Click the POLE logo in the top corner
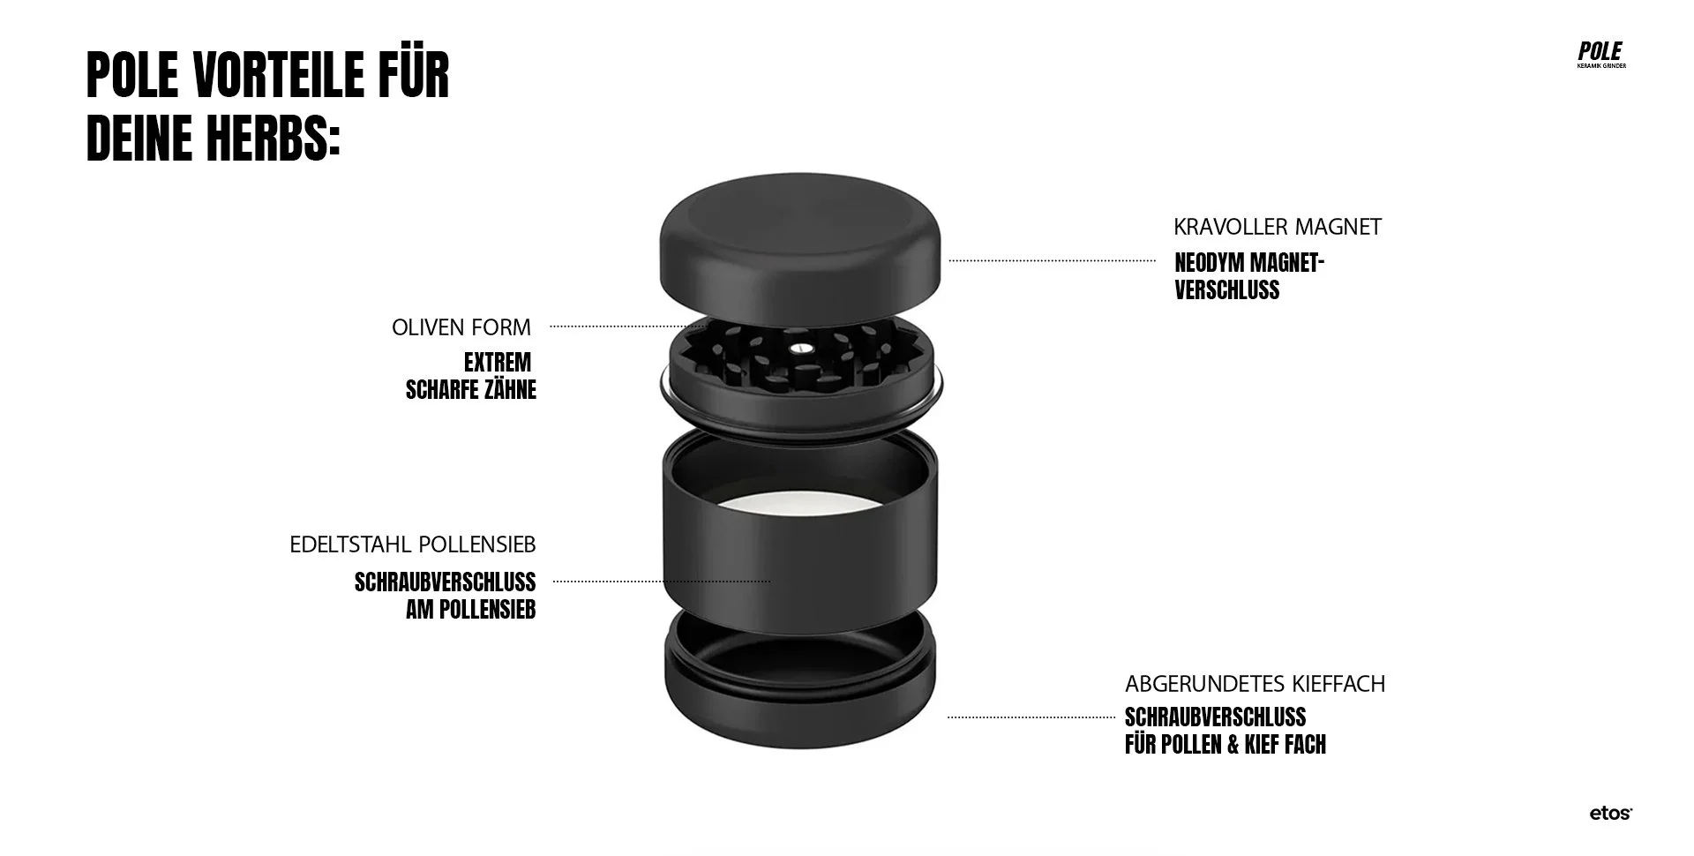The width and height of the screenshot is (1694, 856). [1600, 54]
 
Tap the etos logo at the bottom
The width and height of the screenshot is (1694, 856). [1610, 814]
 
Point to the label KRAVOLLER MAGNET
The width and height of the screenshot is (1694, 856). [1277, 227]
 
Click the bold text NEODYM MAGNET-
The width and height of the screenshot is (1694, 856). [1249, 263]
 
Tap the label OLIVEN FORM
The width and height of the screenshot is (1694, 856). [461, 327]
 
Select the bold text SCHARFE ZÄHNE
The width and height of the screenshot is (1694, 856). [471, 390]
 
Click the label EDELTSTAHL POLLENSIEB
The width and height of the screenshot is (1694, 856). [412, 544]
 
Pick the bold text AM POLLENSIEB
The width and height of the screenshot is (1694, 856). [470, 610]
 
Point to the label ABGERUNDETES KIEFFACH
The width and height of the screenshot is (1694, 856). [1255, 684]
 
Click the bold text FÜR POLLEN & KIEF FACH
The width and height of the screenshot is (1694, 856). [1225, 745]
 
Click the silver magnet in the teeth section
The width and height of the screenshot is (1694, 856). [800, 347]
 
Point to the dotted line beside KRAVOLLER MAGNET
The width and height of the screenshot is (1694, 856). [1052, 260]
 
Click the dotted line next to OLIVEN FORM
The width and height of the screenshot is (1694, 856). [618, 327]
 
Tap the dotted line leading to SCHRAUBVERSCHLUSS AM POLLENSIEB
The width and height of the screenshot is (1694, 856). [662, 582]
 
